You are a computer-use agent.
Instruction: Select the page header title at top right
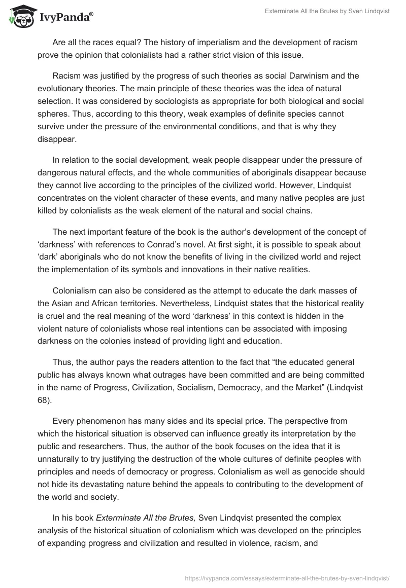(327, 12)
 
